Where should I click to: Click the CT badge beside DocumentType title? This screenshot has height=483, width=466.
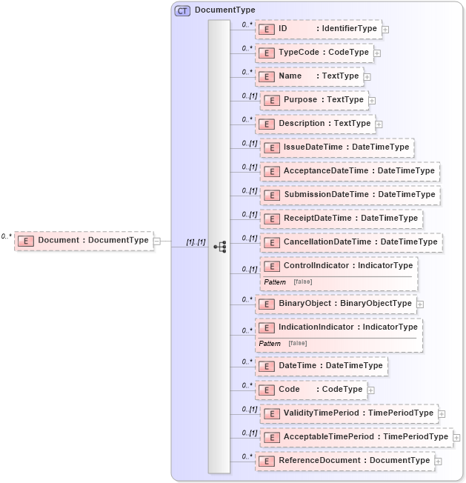click(182, 10)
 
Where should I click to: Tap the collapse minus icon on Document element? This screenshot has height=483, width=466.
click(157, 240)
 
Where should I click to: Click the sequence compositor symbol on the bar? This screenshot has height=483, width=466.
click(219, 247)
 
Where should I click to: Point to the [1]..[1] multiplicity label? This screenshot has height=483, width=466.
click(196, 242)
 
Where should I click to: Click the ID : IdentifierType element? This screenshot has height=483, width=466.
click(318, 29)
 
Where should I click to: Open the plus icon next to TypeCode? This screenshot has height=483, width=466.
click(377, 53)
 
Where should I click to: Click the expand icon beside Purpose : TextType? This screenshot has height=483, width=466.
click(372, 100)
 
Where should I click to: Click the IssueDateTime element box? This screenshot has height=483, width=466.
click(336, 147)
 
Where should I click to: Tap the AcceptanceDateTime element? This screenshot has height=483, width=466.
click(349, 171)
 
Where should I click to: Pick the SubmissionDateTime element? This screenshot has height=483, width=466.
click(350, 195)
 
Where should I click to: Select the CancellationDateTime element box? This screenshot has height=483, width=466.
click(350, 242)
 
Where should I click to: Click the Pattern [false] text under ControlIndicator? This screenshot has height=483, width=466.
click(287, 282)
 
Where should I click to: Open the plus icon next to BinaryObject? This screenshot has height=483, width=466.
click(420, 304)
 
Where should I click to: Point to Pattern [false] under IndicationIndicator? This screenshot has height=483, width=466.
click(282, 343)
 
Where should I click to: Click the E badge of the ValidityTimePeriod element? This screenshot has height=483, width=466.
click(270, 413)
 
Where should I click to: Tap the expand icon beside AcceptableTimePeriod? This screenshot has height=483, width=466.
click(456, 437)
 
